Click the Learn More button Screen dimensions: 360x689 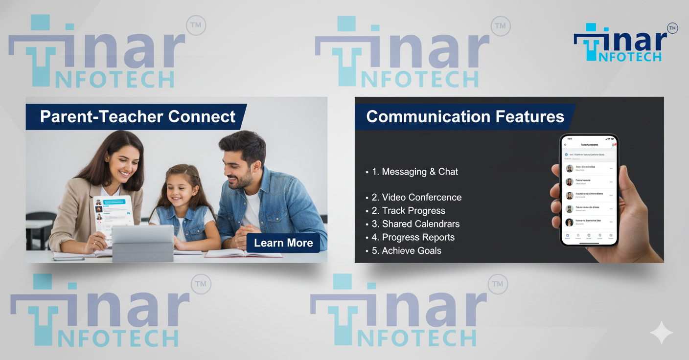[x=283, y=243]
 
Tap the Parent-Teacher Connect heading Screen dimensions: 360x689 [x=138, y=117]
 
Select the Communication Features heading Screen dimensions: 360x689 [x=465, y=117]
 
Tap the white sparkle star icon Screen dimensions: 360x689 [x=661, y=333]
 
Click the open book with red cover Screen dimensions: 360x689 [x=244, y=253]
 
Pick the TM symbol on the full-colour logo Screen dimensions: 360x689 [x=672, y=29]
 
